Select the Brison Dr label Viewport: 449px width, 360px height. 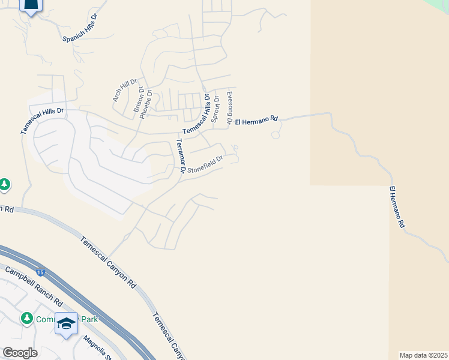(x=137, y=100)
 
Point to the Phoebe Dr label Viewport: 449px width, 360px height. (x=145, y=103)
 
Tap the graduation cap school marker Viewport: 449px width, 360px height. (x=66, y=323)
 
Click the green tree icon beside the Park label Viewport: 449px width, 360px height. (x=26, y=318)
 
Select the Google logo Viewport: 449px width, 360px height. (x=19, y=353)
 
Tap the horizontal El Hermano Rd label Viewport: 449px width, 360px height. (x=256, y=119)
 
